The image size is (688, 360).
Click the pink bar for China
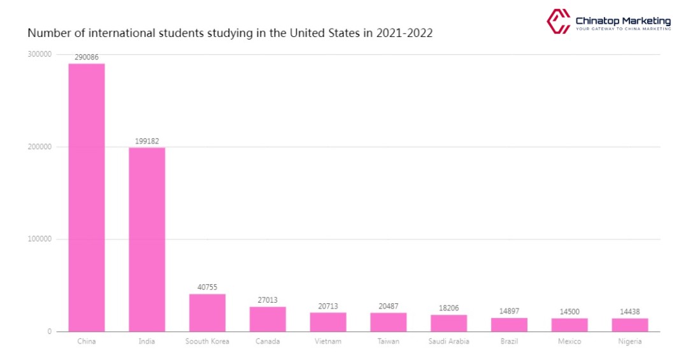87,198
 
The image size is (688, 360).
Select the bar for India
147,240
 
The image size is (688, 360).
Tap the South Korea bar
207,313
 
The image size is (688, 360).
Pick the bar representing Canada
268,319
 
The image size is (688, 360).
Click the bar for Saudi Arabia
448,323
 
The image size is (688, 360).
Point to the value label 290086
87,57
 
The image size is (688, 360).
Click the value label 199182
147,141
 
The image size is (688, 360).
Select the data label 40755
207,287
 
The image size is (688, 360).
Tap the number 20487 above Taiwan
388,306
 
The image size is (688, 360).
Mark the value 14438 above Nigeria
629,312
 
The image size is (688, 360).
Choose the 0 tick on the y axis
48,332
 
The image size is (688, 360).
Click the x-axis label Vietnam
328,342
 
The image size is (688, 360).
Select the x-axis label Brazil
509,342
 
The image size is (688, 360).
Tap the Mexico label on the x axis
570,342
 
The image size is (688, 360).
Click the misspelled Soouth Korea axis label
207,342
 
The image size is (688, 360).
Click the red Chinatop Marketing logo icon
558,21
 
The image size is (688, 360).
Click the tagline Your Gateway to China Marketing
623,29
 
